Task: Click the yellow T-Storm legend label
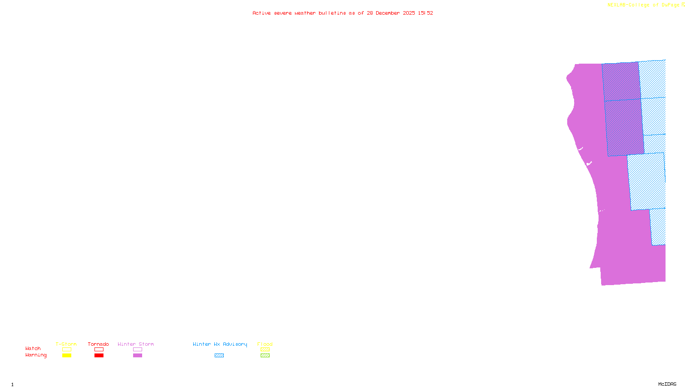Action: point(66,344)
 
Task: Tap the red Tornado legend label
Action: point(98,344)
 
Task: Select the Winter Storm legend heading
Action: point(136,344)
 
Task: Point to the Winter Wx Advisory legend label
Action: point(220,344)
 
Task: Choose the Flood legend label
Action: point(265,344)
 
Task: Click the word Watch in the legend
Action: point(33,348)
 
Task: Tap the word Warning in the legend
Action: point(36,355)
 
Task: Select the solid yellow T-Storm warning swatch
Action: point(67,356)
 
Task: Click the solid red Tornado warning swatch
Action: point(99,356)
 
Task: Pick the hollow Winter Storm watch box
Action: point(138,350)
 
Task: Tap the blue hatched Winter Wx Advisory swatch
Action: point(219,356)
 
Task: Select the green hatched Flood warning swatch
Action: point(265,356)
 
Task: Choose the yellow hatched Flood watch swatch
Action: point(265,350)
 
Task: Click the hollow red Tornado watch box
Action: point(99,350)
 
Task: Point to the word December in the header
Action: point(388,13)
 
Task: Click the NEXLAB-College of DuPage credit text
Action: point(644,5)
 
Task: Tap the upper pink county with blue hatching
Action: point(621,82)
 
